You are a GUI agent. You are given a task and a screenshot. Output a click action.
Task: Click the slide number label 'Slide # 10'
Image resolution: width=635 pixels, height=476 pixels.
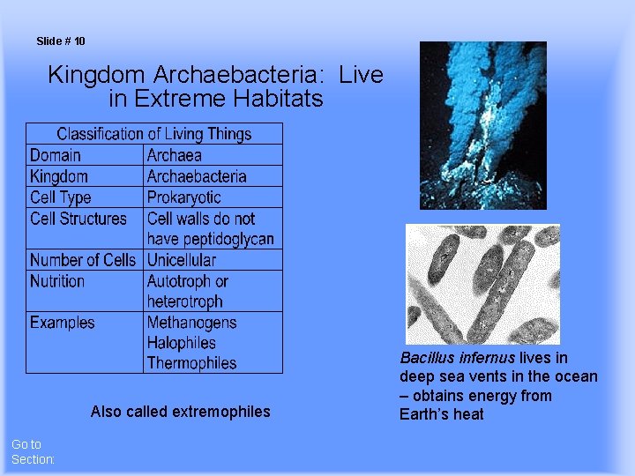(x=61, y=41)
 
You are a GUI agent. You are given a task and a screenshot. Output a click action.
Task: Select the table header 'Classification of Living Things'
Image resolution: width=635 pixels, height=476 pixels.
(x=154, y=134)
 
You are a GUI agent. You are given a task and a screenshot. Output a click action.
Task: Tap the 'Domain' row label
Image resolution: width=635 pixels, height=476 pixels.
(x=55, y=155)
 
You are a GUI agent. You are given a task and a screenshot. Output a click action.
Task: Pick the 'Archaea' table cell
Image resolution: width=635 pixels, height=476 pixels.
(x=174, y=155)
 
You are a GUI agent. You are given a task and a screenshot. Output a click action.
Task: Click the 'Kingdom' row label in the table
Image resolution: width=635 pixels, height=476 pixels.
(x=58, y=176)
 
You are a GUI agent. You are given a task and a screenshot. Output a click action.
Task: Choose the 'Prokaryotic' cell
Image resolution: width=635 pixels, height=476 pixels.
(x=183, y=197)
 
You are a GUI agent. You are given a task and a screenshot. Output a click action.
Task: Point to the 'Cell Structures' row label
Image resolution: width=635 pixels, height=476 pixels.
(x=78, y=219)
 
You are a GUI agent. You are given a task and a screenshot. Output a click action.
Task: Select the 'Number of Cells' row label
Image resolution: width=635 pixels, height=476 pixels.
(x=82, y=260)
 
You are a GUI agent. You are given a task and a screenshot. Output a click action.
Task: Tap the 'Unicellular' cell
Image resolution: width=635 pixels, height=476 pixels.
(x=181, y=260)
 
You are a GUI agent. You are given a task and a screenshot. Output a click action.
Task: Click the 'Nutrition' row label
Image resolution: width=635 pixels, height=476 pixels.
(x=56, y=281)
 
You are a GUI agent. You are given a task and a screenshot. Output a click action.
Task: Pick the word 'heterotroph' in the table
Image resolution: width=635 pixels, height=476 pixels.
(x=184, y=301)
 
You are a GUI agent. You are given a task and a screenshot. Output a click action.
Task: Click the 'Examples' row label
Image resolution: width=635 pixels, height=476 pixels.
(x=62, y=323)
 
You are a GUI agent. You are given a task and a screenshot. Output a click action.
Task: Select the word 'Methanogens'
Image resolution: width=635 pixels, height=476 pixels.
(x=191, y=323)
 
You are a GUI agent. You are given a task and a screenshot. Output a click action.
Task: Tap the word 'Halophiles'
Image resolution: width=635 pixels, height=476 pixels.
(x=181, y=343)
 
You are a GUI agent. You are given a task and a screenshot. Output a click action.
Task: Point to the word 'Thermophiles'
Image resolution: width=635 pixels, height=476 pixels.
(x=191, y=363)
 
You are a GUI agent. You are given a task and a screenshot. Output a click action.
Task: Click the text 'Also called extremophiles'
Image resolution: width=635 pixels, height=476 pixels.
(x=180, y=412)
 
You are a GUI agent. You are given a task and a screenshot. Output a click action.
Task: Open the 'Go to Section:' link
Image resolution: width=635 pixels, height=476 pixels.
(x=33, y=452)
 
